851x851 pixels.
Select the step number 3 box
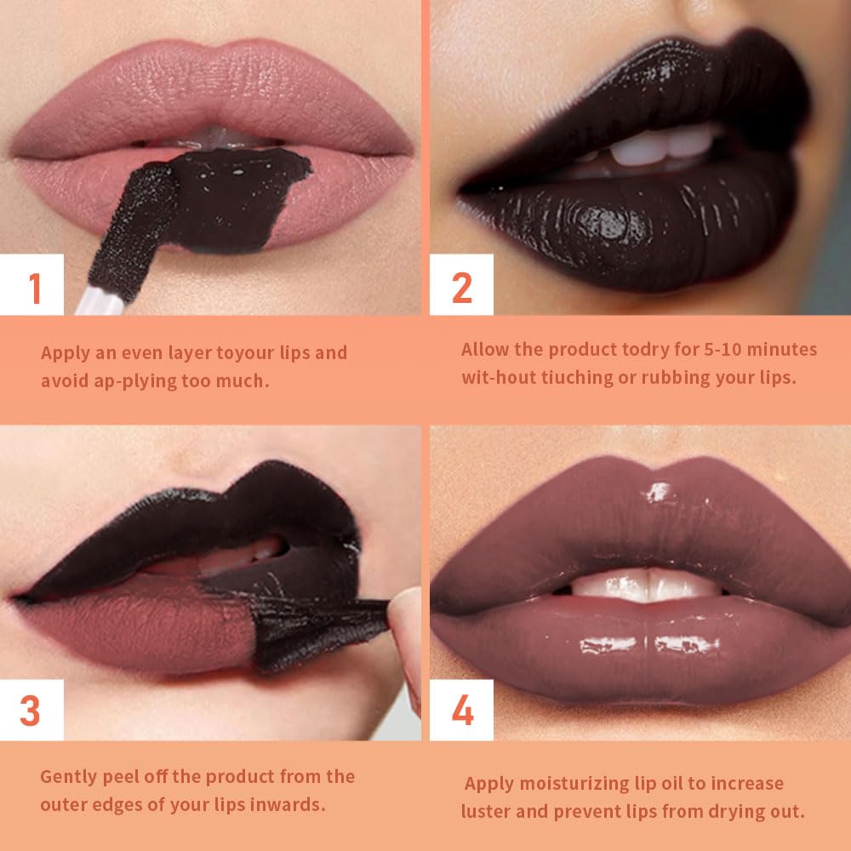pyautogui.click(x=31, y=710)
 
